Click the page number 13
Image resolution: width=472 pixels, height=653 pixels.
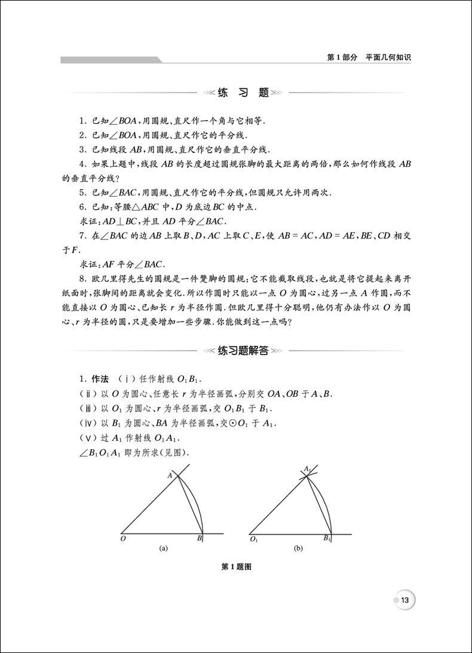[404, 600]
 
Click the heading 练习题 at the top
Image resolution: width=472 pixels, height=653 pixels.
[237, 93]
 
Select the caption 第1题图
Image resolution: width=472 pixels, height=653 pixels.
[236, 568]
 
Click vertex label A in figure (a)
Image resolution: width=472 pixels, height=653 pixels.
[169, 475]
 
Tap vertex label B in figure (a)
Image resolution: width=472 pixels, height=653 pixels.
[198, 538]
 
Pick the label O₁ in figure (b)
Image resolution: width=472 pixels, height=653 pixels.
[254, 539]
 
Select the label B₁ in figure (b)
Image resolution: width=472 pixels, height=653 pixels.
[327, 538]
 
